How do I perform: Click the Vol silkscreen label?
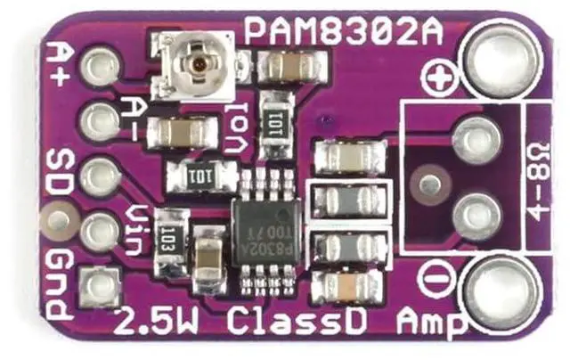point(235,132)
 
